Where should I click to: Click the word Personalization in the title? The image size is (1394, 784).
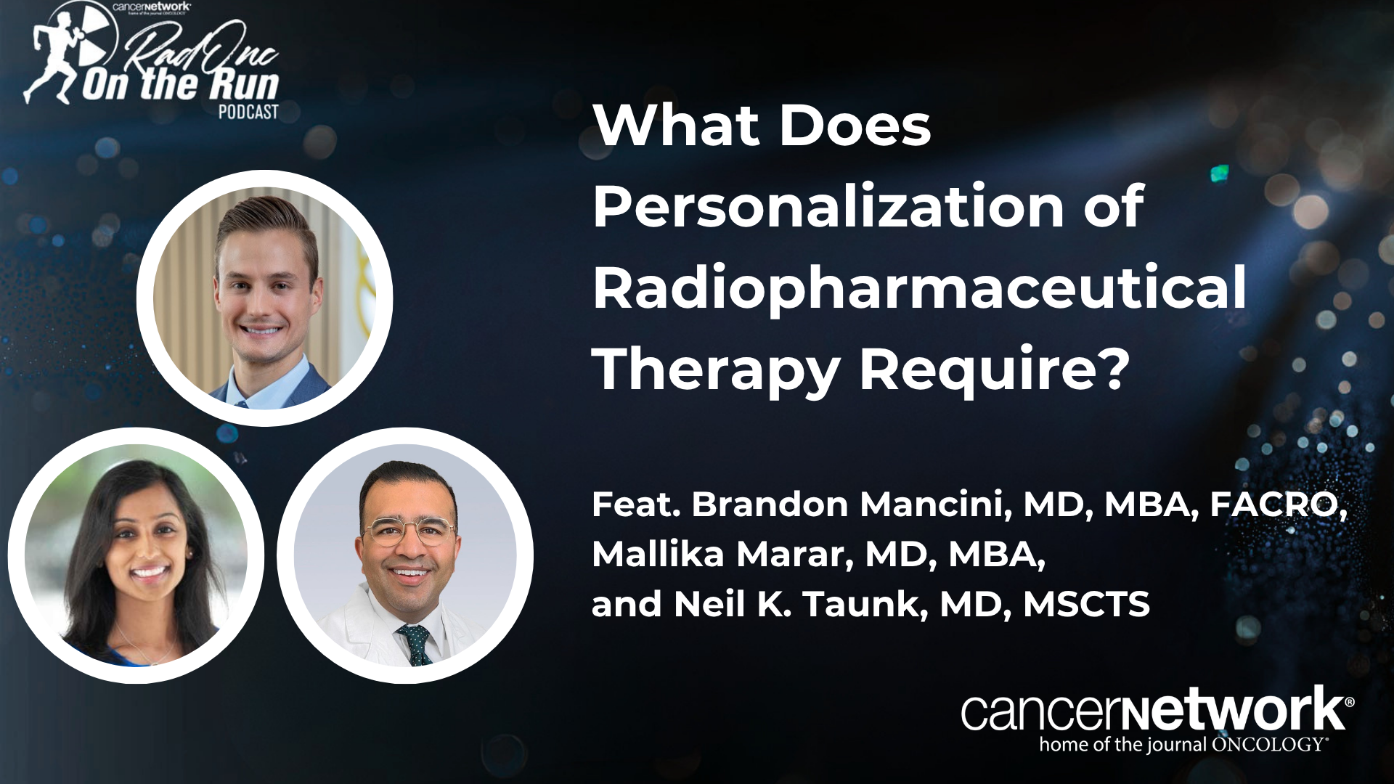[828, 208]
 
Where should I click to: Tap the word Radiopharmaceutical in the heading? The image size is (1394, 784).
[919, 288]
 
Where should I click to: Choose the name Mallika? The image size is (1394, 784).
[658, 555]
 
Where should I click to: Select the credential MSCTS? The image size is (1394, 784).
[1087, 605]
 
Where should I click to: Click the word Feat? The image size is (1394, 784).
[637, 505]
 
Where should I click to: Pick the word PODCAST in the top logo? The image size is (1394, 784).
[249, 112]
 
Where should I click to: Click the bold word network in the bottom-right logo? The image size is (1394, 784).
[1234, 710]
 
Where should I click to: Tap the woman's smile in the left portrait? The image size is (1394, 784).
[149, 572]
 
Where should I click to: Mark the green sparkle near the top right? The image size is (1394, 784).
[1220, 173]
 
